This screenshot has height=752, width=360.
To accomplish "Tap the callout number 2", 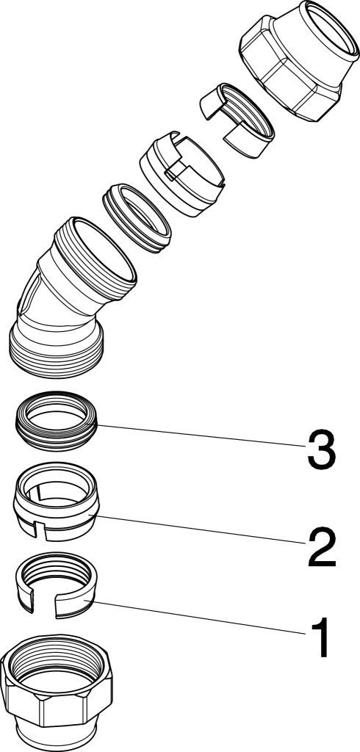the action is pos(321,546).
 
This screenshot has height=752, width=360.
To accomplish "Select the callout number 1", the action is pos(321,638).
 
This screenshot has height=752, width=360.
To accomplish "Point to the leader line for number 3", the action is pos(201,435).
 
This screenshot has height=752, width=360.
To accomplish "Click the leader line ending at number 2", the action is pos(201,529).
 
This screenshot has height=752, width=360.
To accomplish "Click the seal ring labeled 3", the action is pos(56,421).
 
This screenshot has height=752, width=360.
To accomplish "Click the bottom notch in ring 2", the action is pos(40,532).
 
